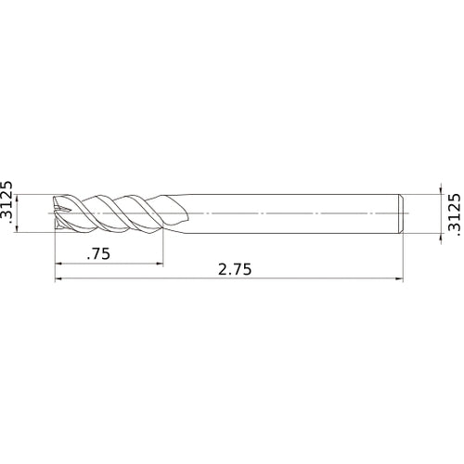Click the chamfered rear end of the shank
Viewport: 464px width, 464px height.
pos(401,212)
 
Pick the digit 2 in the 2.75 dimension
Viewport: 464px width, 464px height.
pos(222,269)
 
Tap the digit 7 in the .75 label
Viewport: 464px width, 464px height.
pos(98,253)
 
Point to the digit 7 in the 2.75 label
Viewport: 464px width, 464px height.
pos(237,269)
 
